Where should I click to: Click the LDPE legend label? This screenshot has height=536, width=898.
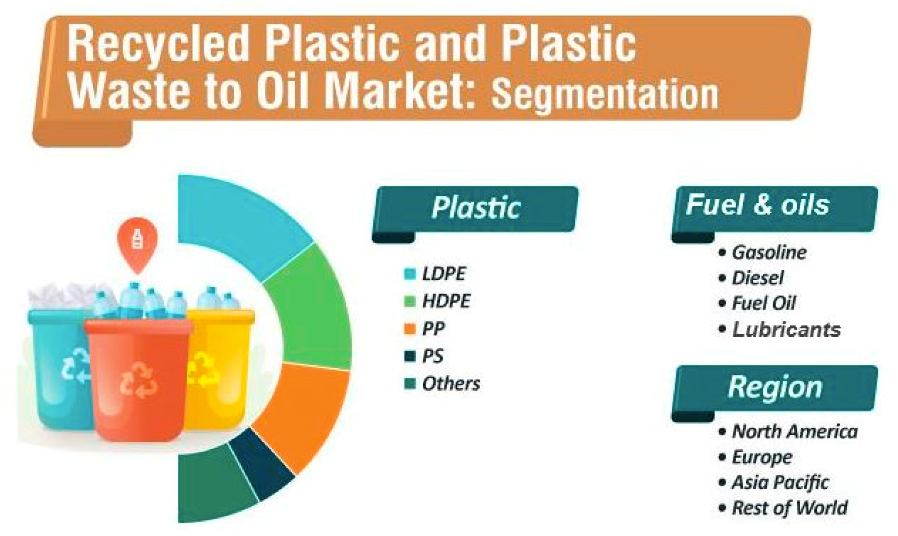(x=444, y=274)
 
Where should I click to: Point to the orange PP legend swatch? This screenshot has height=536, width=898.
(x=410, y=328)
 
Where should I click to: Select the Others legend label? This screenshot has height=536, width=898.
(x=451, y=384)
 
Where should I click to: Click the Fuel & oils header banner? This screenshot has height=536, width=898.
(x=775, y=210)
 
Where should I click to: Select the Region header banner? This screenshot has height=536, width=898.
(x=775, y=390)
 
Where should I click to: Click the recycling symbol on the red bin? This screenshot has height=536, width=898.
(x=138, y=380)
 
